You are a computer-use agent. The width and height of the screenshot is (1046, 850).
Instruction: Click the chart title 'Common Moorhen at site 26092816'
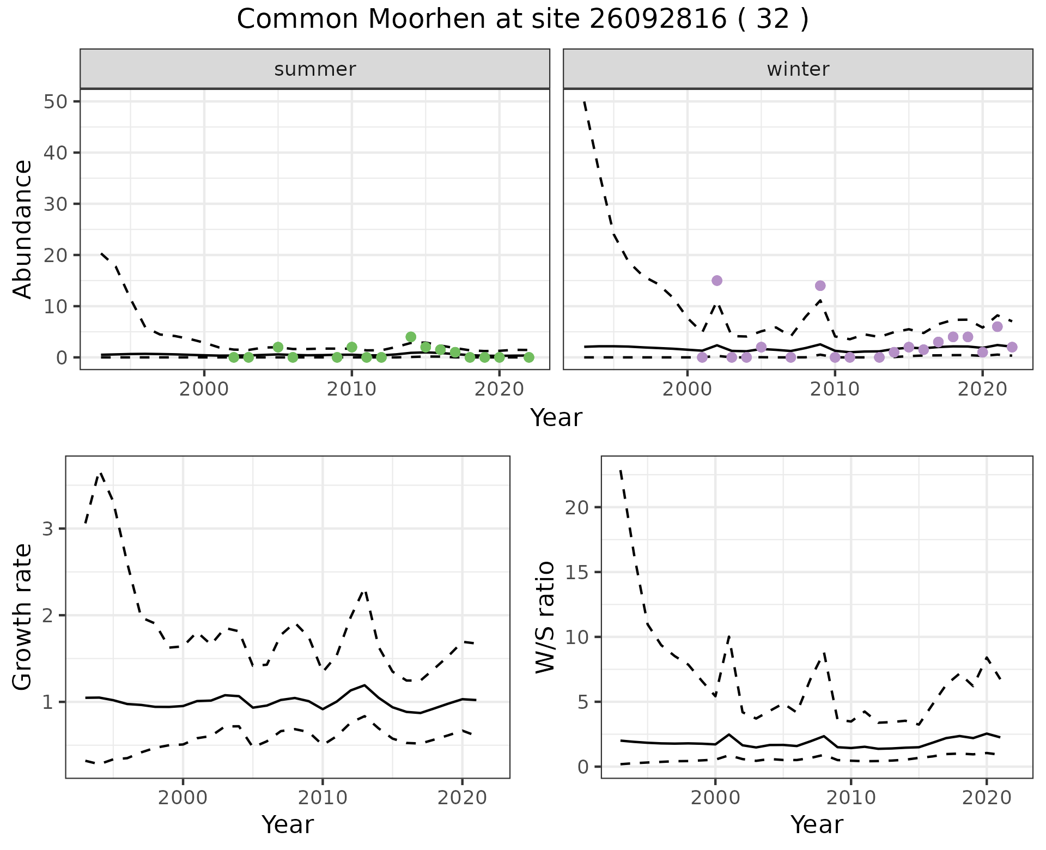522,20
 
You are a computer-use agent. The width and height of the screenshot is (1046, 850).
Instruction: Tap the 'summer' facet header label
315,69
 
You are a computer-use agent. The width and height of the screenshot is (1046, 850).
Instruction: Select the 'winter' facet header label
798,69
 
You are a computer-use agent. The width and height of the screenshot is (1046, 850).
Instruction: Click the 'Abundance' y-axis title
23,229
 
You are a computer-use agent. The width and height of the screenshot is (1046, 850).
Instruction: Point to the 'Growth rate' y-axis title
23,617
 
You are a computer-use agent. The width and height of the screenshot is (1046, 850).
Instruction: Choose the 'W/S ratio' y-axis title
545,617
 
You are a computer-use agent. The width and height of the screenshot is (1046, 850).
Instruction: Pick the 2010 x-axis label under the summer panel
351,390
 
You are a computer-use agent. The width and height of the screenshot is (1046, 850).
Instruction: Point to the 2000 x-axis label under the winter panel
687,390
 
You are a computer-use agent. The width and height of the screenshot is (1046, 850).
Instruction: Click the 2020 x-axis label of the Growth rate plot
462,798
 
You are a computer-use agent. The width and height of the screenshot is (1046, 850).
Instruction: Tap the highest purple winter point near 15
717,281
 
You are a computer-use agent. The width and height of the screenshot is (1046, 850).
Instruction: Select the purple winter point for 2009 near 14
820,286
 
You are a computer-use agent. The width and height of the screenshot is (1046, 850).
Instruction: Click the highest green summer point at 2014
411,337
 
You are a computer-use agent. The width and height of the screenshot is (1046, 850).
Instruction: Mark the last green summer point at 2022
528,357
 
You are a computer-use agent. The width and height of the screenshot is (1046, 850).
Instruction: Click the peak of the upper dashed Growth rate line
100,473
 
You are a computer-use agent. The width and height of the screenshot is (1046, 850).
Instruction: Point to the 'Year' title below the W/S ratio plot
817,825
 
